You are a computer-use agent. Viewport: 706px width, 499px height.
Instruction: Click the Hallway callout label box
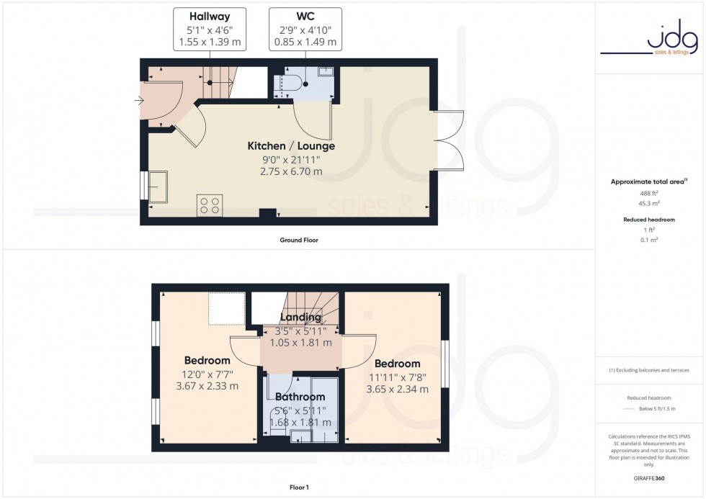[210, 30]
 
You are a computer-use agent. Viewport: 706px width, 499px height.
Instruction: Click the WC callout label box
[305, 30]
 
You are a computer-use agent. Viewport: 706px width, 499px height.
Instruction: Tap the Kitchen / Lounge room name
[291, 146]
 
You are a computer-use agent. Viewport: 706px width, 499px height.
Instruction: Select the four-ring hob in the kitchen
[210, 205]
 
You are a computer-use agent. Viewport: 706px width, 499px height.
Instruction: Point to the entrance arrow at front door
[138, 102]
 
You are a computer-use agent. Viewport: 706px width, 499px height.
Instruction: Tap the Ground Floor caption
[299, 240]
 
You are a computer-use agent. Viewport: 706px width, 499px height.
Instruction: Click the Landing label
[300, 318]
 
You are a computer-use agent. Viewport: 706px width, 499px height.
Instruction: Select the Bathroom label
[300, 397]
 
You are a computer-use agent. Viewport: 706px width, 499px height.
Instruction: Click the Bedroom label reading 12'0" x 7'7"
[207, 361]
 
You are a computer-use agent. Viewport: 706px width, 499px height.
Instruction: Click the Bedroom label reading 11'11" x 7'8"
[397, 364]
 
